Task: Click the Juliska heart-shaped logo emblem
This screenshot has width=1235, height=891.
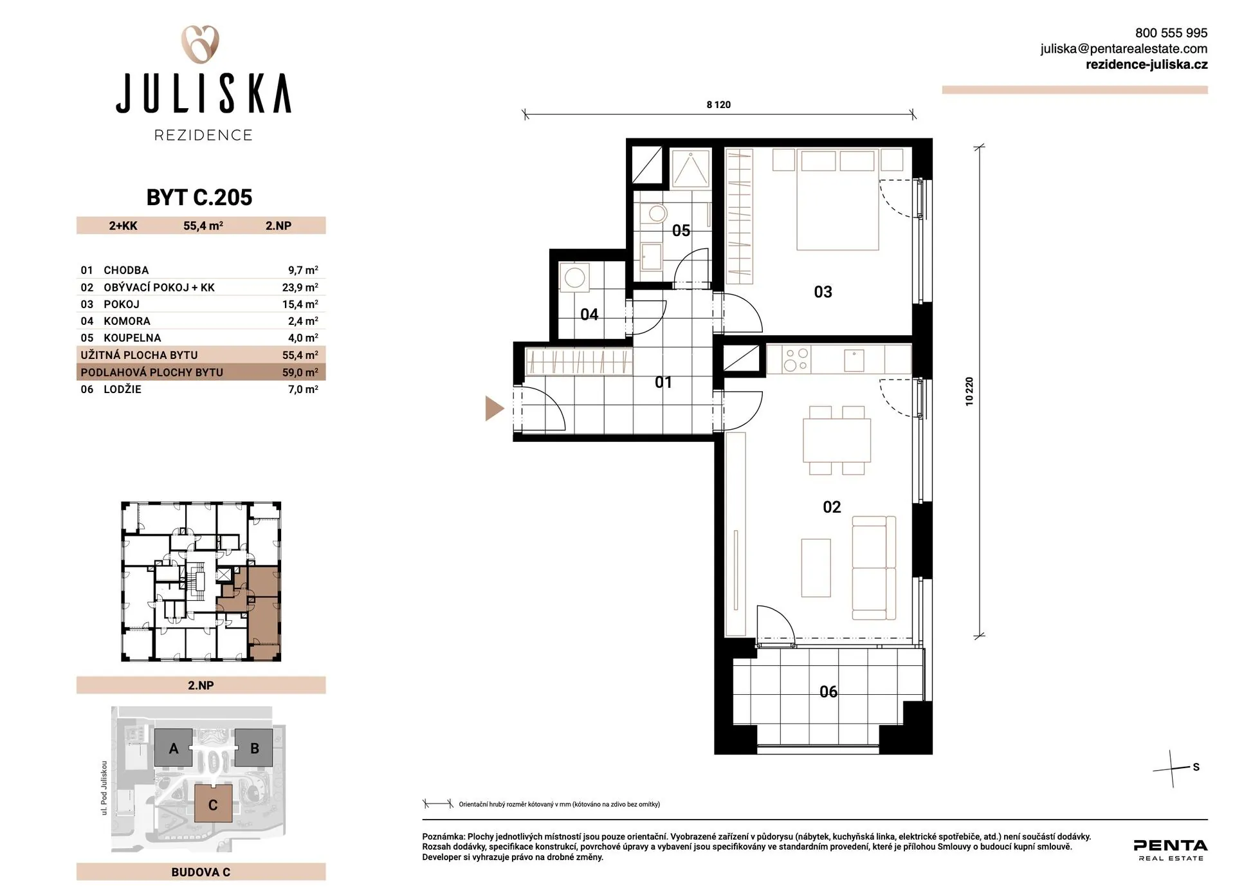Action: (200, 44)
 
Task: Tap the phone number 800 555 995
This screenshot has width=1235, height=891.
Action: (1171, 33)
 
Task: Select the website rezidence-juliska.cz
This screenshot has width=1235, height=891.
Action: (1146, 64)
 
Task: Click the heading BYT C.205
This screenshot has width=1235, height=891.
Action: (199, 197)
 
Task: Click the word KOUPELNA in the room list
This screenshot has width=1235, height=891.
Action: (133, 338)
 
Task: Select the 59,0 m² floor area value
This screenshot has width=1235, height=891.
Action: (300, 372)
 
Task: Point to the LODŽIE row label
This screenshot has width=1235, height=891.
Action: (122, 389)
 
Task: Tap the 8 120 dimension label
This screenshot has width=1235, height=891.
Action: (718, 105)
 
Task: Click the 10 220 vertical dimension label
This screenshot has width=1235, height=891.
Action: (969, 391)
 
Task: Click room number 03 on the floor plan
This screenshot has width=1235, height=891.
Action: (823, 292)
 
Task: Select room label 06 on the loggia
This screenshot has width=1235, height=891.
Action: (828, 692)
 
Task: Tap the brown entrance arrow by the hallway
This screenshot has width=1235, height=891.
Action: (494, 409)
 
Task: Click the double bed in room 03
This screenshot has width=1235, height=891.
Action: (837, 199)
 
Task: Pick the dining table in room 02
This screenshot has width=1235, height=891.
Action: (837, 440)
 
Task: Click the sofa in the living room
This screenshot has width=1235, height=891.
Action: (874, 567)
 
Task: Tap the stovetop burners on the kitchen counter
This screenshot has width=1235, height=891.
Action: (796, 360)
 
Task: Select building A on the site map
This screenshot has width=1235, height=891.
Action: (174, 748)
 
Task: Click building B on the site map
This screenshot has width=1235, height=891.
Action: (254, 748)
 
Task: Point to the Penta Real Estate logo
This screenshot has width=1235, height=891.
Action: (1171, 849)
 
